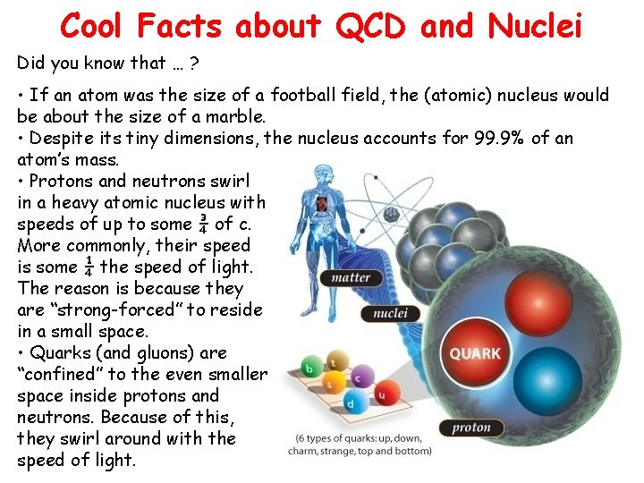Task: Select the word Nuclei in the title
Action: [x=535, y=26]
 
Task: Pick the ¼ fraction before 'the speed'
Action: [x=87, y=267]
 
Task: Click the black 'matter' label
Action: [x=351, y=277]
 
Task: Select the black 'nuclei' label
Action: [x=390, y=313]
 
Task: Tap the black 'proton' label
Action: [x=471, y=428]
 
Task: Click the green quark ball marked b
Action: [x=309, y=369]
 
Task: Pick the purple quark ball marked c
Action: [x=357, y=378]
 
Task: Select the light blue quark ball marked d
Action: [x=351, y=403]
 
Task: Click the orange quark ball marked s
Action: [x=328, y=386]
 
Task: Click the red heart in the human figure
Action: [x=321, y=205]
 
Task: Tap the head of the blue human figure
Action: [x=321, y=180]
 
